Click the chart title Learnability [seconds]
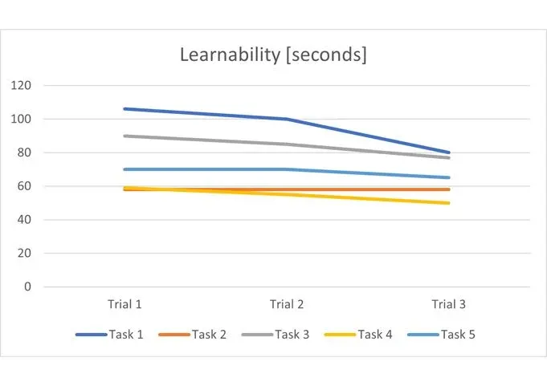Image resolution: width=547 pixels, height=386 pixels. pyautogui.click(x=273, y=55)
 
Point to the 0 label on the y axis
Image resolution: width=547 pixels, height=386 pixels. pyautogui.click(x=27, y=286)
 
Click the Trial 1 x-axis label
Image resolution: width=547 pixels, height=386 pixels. pyautogui.click(x=125, y=305)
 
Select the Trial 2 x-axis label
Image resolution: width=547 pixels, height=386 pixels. pyautogui.click(x=287, y=305)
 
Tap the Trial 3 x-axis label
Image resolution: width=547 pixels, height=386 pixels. pyautogui.click(x=448, y=305)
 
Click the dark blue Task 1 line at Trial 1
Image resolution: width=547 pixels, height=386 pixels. pyautogui.click(x=125, y=109)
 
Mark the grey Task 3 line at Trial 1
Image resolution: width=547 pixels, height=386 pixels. pyautogui.click(x=125, y=136)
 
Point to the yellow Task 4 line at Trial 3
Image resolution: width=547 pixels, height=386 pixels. pyautogui.click(x=448, y=203)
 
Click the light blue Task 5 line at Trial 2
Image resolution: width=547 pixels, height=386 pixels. pyautogui.click(x=287, y=169)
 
